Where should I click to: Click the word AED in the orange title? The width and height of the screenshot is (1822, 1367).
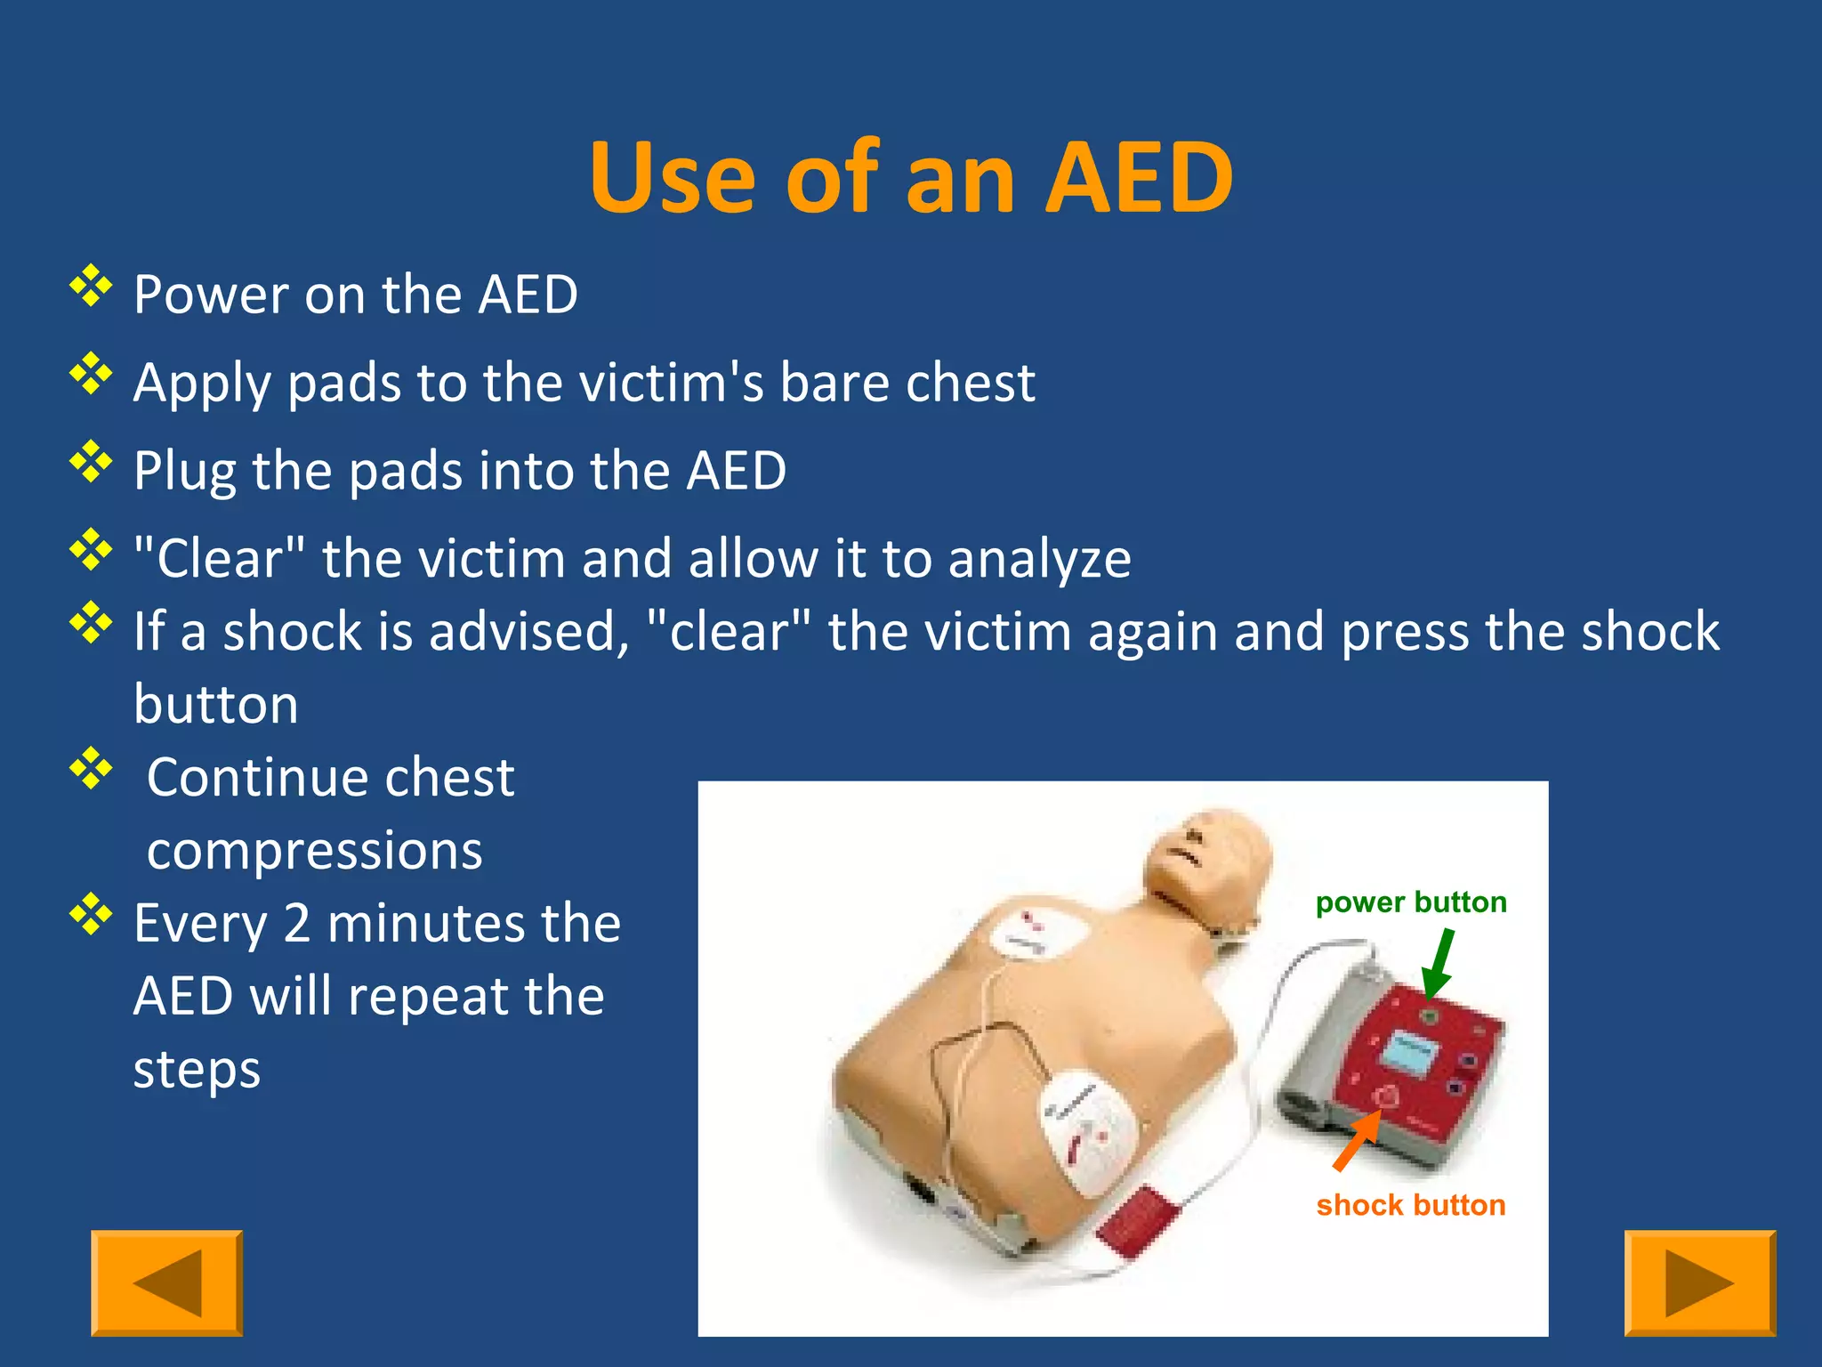pos(1140,178)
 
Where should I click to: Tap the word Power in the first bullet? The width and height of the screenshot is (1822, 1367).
pos(210,295)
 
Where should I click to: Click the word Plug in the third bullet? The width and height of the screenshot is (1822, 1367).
pos(184,471)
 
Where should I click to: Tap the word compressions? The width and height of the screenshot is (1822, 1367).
pos(315,851)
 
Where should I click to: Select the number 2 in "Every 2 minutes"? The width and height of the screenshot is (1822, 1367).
pos(297,924)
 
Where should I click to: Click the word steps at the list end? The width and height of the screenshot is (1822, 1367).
pos(197,1070)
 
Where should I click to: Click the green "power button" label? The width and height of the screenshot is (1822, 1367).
pos(1411,902)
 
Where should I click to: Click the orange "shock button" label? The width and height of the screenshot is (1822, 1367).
pos(1411,1205)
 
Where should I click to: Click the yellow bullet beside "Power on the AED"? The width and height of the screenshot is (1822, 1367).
pos(92,287)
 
